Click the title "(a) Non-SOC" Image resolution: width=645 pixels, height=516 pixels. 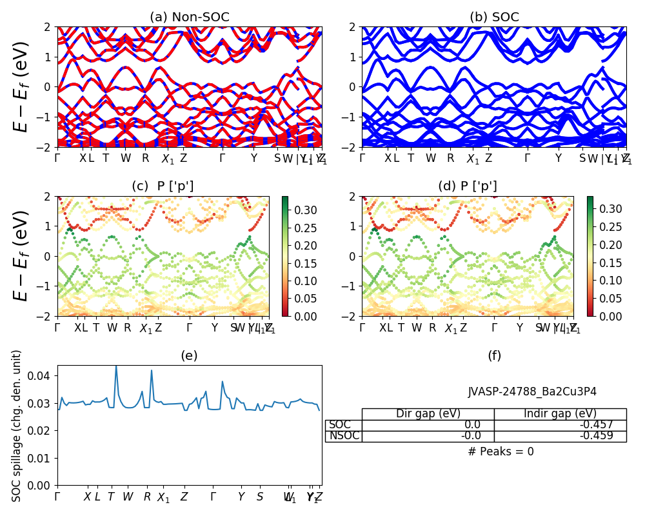(x=189, y=17)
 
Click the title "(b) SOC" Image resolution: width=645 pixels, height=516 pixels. (x=494, y=17)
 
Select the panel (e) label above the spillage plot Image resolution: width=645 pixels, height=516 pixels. (x=189, y=355)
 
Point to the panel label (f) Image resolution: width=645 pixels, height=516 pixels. (x=494, y=355)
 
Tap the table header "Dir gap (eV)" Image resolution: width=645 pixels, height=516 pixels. (x=428, y=414)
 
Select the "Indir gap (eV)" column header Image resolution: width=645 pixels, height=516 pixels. (x=560, y=414)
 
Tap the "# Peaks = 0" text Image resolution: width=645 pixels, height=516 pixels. (x=501, y=451)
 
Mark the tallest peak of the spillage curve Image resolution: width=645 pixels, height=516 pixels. (x=116, y=366)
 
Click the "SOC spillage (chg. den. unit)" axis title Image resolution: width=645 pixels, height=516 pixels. (x=17, y=426)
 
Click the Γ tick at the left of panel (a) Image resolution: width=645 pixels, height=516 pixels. (x=57, y=158)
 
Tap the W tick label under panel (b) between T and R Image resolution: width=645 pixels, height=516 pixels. (x=431, y=158)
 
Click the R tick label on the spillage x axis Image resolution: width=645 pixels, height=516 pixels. (x=147, y=497)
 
